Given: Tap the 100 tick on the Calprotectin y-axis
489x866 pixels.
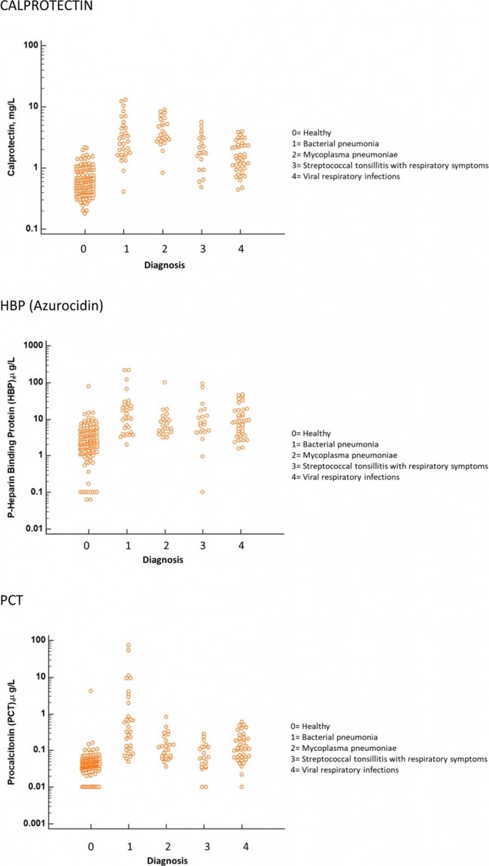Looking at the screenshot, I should [31, 45].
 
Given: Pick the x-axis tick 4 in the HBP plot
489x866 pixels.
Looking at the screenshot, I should [241, 544].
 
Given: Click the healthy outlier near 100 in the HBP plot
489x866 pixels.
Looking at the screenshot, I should [88, 386].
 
